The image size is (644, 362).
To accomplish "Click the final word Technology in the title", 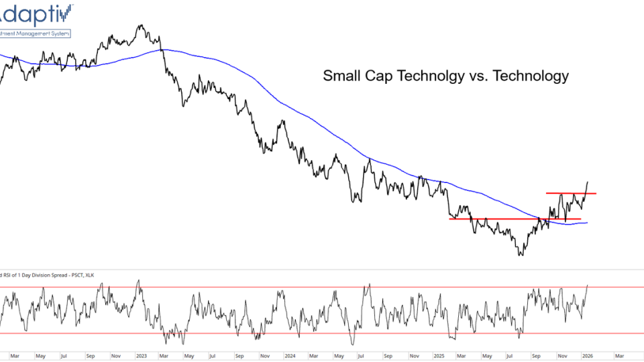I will pyautogui.click(x=531, y=76).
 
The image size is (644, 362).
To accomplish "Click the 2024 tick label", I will pyautogui.click(x=290, y=355).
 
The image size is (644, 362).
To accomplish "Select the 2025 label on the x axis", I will pyautogui.click(x=439, y=355).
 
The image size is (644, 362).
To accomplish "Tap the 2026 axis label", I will pyautogui.click(x=587, y=355).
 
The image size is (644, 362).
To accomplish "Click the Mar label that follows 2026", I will pyautogui.click(x=619, y=355).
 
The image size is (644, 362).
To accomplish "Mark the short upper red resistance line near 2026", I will pyautogui.click(x=570, y=193).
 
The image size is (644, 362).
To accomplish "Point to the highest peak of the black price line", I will pyautogui.click(x=141, y=26).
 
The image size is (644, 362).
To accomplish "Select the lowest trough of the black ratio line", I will pyautogui.click(x=521, y=255).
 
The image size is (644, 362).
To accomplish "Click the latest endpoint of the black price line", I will pyautogui.click(x=588, y=182).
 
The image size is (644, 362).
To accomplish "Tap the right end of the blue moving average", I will pyautogui.click(x=587, y=223).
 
